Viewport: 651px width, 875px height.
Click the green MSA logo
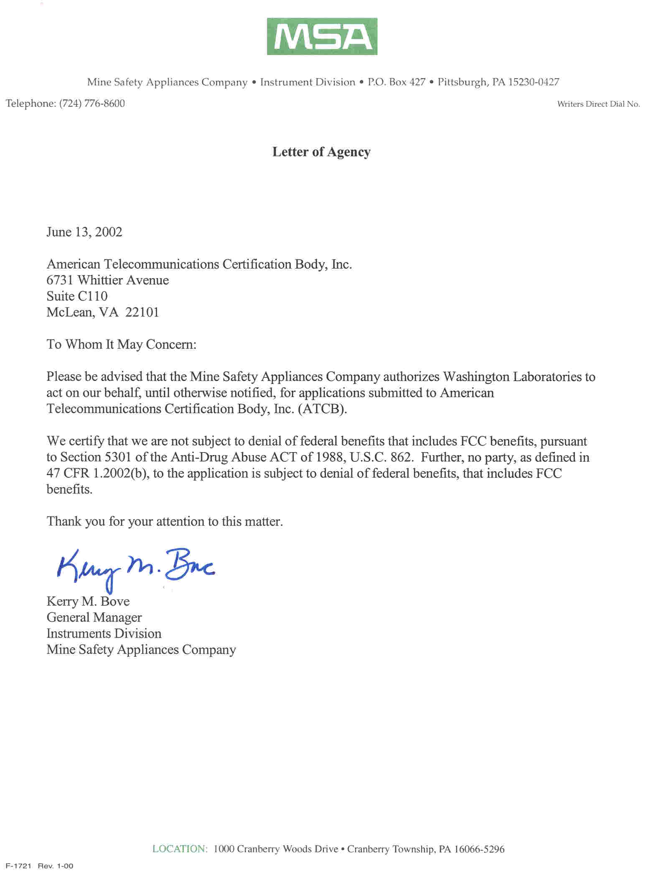pyautogui.click(x=322, y=36)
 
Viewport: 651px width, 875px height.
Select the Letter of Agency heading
pyautogui.click(x=321, y=152)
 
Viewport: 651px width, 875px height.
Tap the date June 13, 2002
pyautogui.click(x=84, y=232)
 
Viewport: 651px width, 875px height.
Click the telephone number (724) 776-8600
pyautogui.click(x=92, y=104)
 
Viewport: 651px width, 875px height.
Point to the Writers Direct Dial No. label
pyautogui.click(x=598, y=104)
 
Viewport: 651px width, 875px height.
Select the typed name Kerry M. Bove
pyautogui.click(x=88, y=601)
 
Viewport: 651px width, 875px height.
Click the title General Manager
pyautogui.click(x=94, y=617)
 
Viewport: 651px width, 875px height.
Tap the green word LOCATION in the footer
pyautogui.click(x=180, y=849)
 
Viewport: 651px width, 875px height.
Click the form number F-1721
pyautogui.click(x=19, y=866)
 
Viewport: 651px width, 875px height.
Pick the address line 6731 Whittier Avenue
pyautogui.click(x=108, y=280)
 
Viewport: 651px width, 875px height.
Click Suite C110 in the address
pyautogui.click(x=77, y=296)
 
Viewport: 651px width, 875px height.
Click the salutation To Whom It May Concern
pyautogui.click(x=121, y=344)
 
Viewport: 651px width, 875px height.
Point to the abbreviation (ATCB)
pyautogui.click(x=322, y=409)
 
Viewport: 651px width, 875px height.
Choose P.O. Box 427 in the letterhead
pyautogui.click(x=396, y=82)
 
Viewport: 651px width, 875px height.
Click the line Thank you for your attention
pyautogui.click(x=165, y=522)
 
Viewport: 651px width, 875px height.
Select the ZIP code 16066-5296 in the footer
pyautogui.click(x=479, y=849)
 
